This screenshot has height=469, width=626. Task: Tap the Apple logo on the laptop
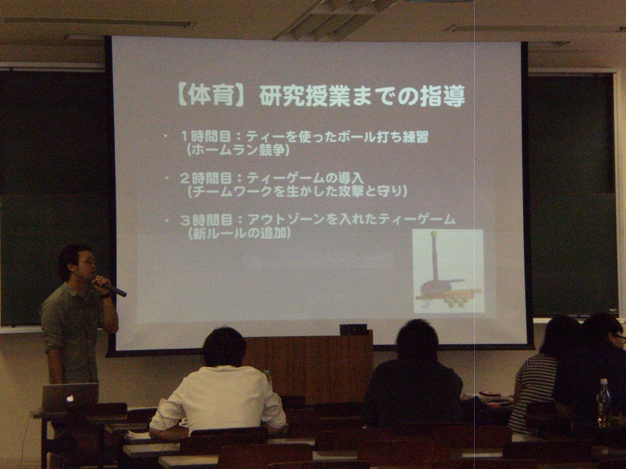(x=70, y=398)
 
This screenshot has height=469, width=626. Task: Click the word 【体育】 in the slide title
(x=210, y=96)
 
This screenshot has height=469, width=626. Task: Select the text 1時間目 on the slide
(x=206, y=137)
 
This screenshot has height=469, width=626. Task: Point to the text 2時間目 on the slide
(x=206, y=178)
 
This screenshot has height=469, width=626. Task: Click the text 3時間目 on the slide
(x=206, y=220)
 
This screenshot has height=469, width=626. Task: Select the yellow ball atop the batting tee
(x=434, y=234)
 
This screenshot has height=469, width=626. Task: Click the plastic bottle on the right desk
(x=603, y=402)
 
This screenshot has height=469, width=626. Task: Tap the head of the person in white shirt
(x=224, y=346)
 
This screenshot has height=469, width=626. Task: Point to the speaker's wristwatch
(x=105, y=295)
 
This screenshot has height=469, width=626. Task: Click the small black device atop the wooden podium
(x=353, y=329)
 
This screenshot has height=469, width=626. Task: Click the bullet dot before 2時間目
(x=167, y=178)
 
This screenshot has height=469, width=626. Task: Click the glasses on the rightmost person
(x=619, y=338)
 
